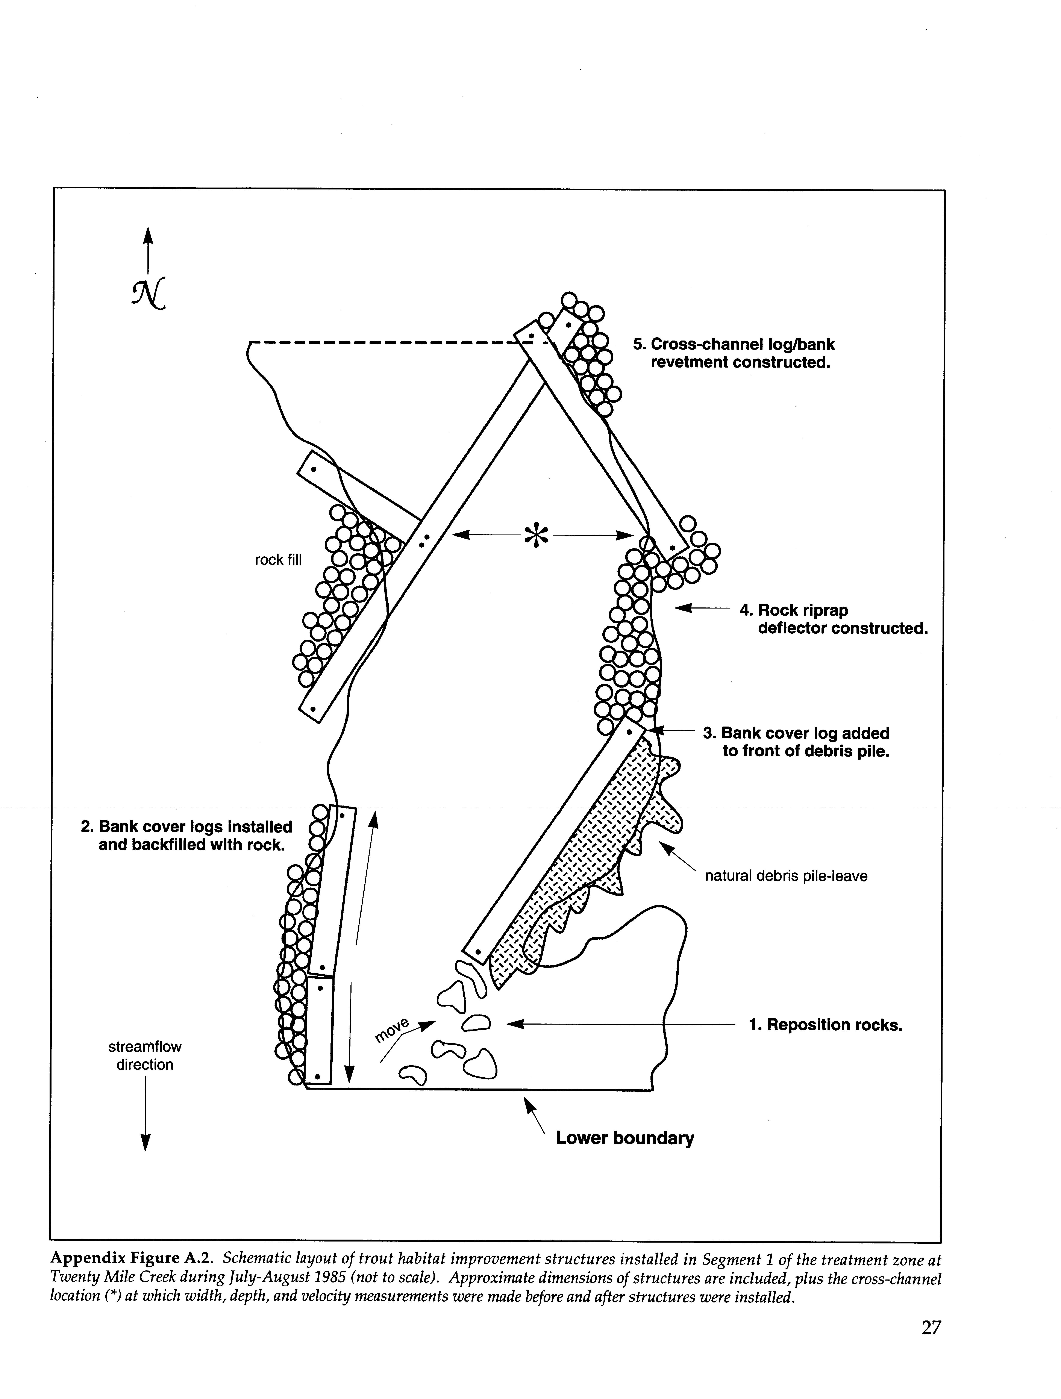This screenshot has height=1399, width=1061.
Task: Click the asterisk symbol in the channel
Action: (535, 535)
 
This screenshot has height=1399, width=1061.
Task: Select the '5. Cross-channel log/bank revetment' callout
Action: (734, 354)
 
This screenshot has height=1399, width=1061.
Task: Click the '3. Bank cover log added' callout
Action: (796, 742)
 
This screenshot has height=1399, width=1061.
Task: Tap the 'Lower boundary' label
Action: (624, 1138)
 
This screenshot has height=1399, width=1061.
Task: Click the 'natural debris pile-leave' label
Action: (786, 876)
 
